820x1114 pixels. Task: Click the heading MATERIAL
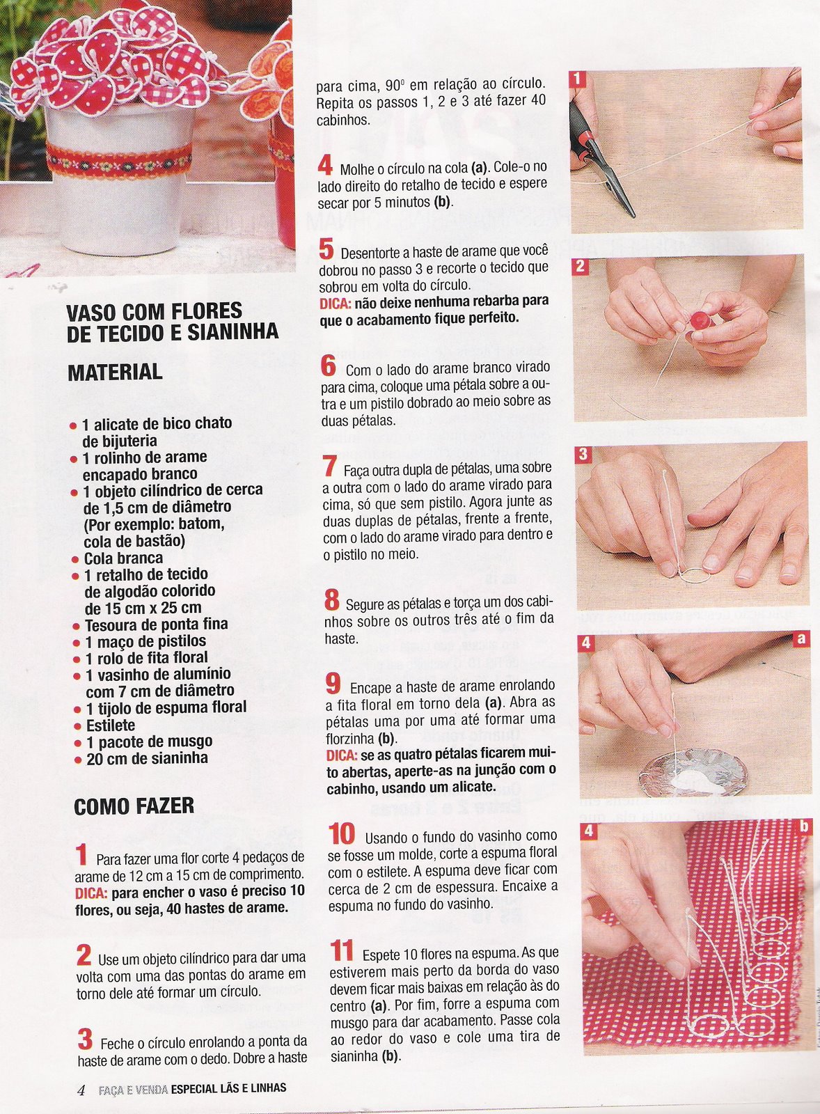pos(115,372)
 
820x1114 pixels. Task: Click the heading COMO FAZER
pos(134,806)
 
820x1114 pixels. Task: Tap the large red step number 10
pos(342,835)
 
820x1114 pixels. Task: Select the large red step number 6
pos(329,366)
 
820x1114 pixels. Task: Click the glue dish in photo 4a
pos(693,773)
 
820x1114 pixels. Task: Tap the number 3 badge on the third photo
pos(583,454)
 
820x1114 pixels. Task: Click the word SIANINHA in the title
pos(232,332)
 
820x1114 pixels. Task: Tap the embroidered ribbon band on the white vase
pos(119,161)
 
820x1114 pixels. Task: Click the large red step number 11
pos(342,950)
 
